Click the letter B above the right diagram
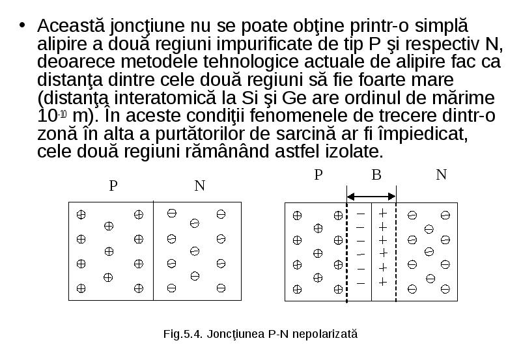coord(376,174)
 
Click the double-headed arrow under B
coord(371,197)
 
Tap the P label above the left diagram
coord(113,186)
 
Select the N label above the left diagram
coord(199,186)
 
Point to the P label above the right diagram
coord(318,174)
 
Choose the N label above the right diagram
coord(442,174)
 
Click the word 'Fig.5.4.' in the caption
coord(183,334)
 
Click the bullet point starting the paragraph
coord(22,25)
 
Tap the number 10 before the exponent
coord(47,116)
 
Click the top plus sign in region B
coord(383,213)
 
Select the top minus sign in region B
coord(361,214)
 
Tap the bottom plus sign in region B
coord(383,282)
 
